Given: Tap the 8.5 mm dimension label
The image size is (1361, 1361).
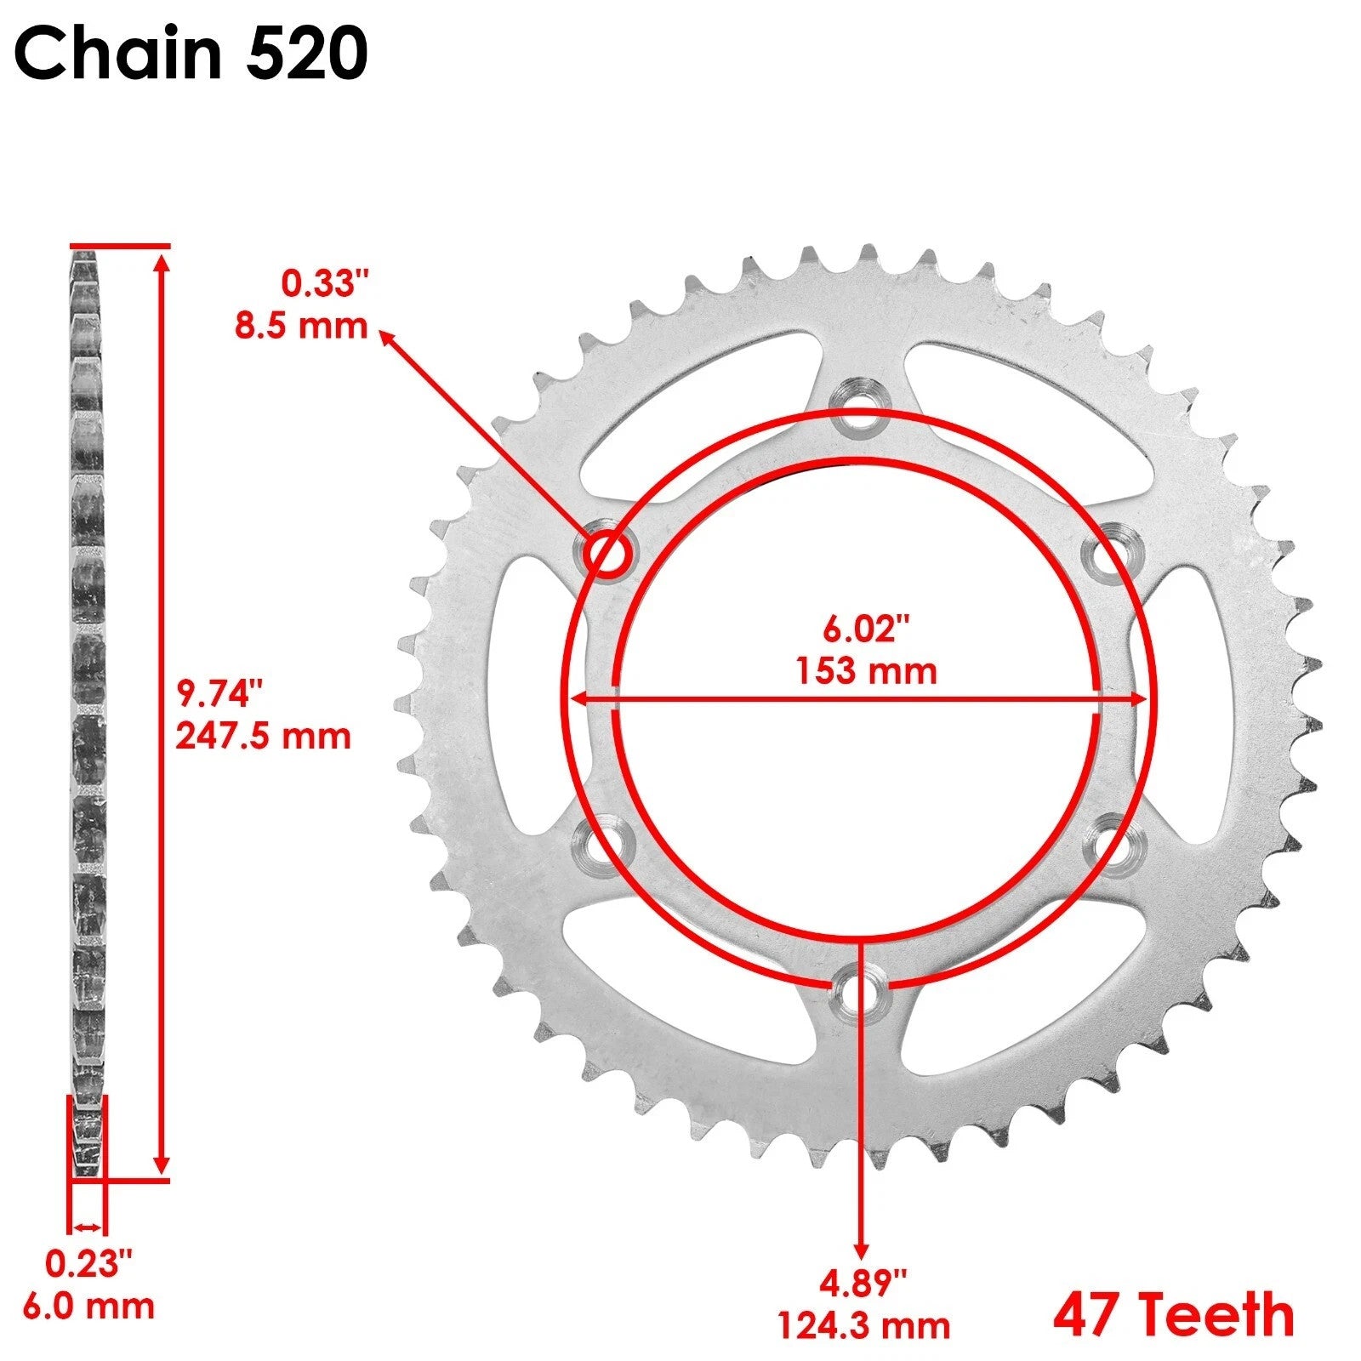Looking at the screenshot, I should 301,326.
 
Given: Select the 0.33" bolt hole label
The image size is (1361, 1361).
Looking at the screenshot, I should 327,283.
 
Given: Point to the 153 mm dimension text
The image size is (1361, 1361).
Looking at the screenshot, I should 866,671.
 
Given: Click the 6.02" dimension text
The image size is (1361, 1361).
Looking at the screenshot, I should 866,629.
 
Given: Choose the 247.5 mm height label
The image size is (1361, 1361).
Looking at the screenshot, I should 263,736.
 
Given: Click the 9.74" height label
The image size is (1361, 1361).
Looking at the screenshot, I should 216,693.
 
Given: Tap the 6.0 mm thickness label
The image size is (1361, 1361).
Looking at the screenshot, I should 88,1306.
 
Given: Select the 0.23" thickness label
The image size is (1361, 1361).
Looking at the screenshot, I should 88,1264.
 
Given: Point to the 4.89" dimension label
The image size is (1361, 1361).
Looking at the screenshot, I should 863,1283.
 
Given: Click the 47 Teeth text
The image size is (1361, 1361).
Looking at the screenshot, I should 1174,1314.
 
